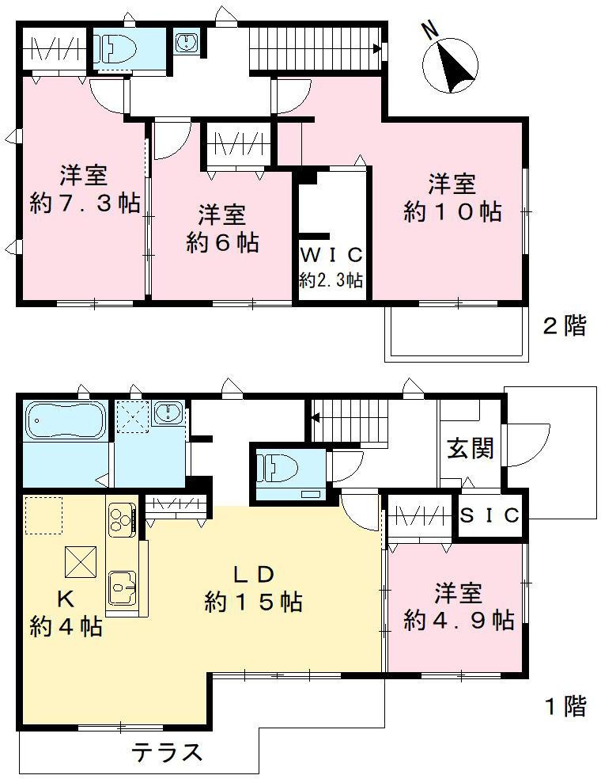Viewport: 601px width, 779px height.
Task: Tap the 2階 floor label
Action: (x=564, y=325)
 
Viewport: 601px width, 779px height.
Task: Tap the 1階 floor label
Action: (x=564, y=706)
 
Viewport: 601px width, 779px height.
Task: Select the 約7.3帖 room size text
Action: (x=85, y=203)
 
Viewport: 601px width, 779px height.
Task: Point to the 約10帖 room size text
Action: (x=452, y=211)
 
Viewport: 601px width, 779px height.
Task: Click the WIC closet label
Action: (x=331, y=256)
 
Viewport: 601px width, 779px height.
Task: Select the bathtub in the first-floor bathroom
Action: (x=65, y=420)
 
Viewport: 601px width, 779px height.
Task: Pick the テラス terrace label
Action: (x=167, y=751)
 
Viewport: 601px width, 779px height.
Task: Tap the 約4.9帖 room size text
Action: (x=459, y=619)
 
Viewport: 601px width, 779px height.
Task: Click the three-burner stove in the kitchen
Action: (x=120, y=519)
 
